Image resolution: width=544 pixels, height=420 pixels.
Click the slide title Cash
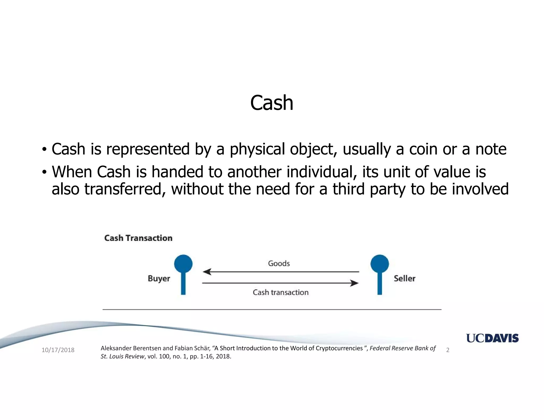271,103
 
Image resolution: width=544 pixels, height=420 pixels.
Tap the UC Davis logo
492,338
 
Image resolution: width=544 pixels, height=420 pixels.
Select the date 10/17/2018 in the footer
58,350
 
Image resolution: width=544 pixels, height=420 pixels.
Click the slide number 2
448,350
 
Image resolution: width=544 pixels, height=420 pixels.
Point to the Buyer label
159,278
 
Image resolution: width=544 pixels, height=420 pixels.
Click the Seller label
404,278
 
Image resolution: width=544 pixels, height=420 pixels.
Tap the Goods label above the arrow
279,263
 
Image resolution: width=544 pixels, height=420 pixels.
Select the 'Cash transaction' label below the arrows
280,292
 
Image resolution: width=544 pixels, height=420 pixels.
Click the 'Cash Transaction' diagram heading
138,238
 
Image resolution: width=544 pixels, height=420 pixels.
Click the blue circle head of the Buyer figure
183,264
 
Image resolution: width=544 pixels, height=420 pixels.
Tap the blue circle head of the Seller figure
380,264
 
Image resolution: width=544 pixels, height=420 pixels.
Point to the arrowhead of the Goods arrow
207,272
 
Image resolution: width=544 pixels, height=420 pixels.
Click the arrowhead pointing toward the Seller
354,283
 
